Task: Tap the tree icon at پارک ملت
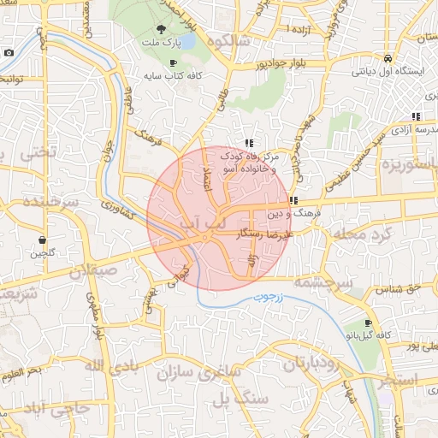tap(149, 29)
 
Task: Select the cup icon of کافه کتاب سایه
tap(174, 62)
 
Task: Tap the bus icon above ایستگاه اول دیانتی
tap(388, 58)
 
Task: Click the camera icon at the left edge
tap(9, 52)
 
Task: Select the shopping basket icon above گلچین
tap(42, 240)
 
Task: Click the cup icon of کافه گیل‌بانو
tap(368, 324)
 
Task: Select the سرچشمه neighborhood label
tap(323, 281)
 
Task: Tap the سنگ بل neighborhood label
tap(234, 400)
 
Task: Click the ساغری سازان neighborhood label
tap(200, 373)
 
